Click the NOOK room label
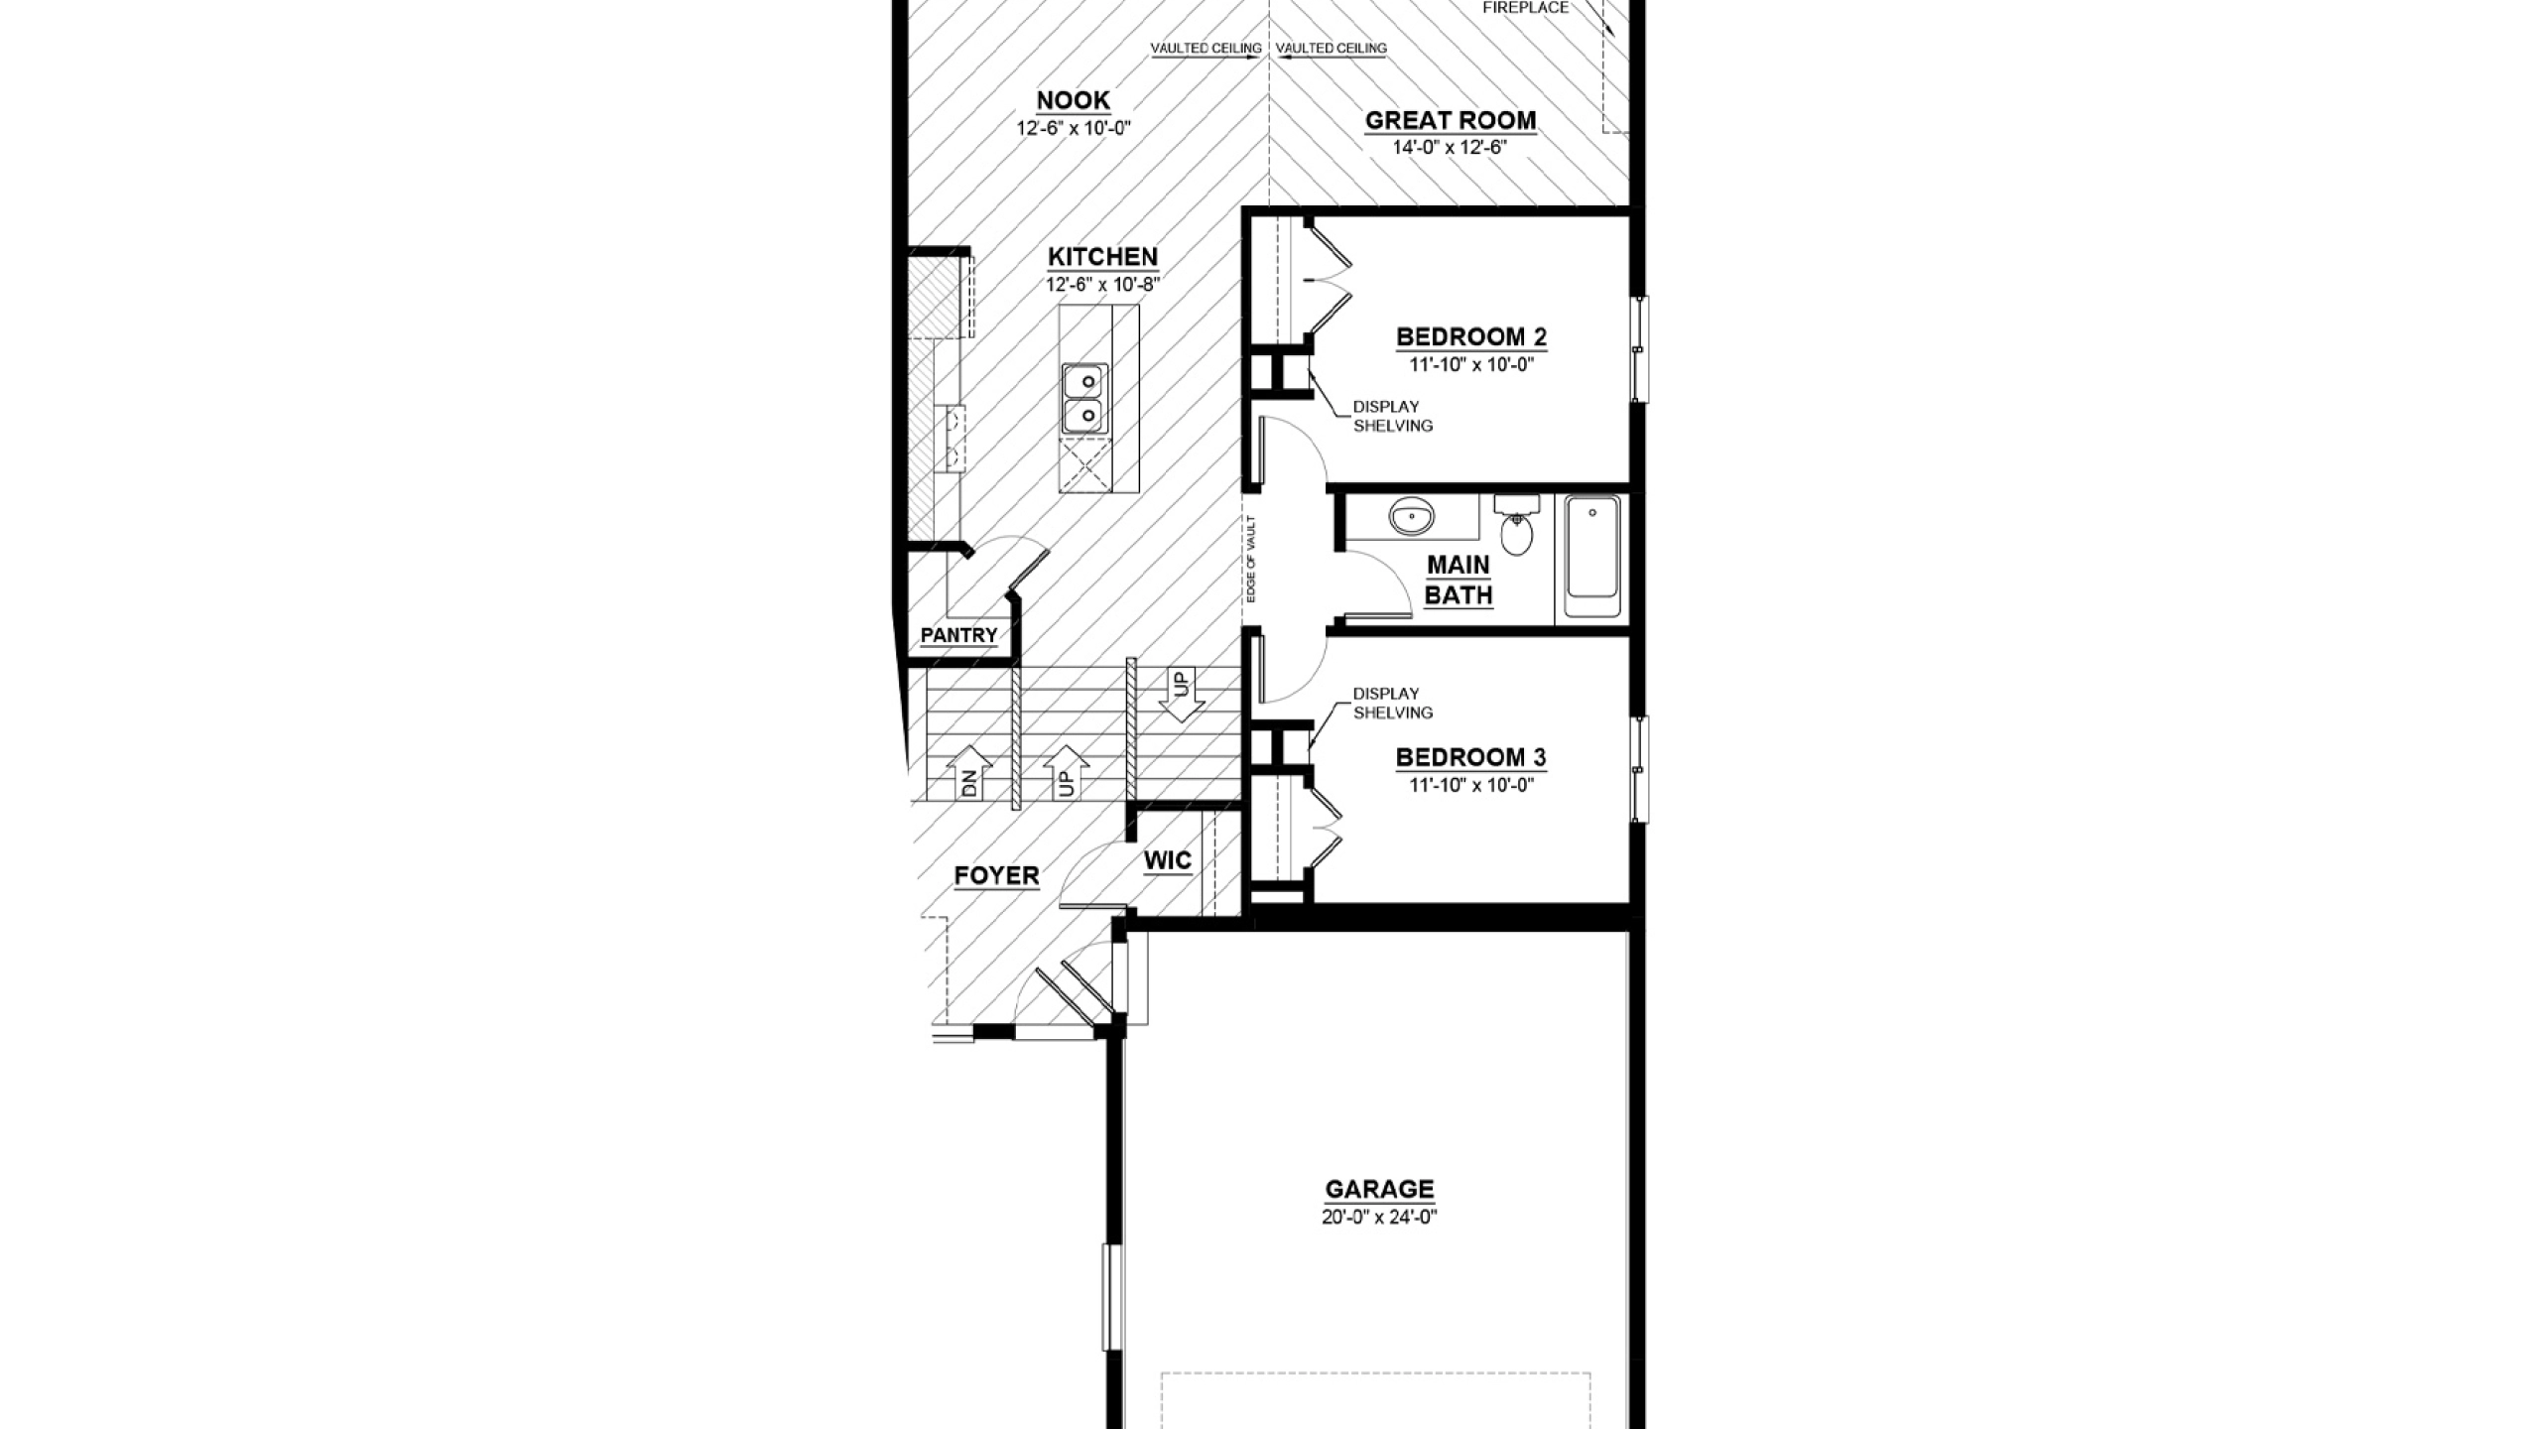(1073, 100)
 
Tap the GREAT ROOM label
(1451, 120)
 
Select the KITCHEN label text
(1102, 257)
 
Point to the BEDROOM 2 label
(1471, 336)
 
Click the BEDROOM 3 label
(1471, 757)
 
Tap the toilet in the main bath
(1515, 525)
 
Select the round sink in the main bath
(1411, 517)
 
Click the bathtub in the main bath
(1591, 559)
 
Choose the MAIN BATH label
(1459, 581)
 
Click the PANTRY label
(958, 635)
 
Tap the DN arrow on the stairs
(969, 773)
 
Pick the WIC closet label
(1168, 860)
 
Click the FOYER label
(997, 876)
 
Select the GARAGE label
(1379, 1189)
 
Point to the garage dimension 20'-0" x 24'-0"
(1379, 1217)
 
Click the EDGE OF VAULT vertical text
(1252, 559)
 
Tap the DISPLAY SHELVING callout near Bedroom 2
(1393, 416)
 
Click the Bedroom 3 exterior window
(1639, 769)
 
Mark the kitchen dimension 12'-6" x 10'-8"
(1102, 285)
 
